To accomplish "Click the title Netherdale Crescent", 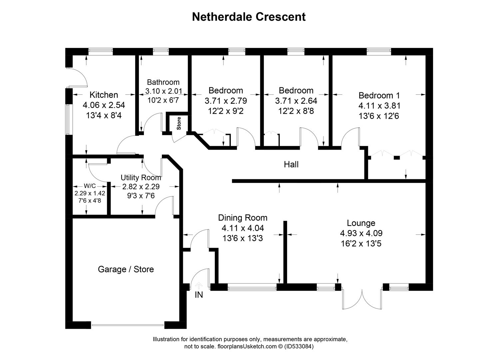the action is click(249, 17).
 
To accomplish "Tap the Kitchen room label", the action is click(104, 95).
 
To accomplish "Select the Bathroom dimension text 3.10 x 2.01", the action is click(163, 91).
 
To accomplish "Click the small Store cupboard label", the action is click(179, 123).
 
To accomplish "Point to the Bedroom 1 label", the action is click(379, 96).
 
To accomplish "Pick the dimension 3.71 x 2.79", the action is click(226, 101).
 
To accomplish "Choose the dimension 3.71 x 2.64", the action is click(296, 101).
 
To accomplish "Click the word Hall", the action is click(291, 164).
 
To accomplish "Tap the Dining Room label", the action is click(243, 218).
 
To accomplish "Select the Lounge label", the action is click(361, 223).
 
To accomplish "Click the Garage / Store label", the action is click(126, 269).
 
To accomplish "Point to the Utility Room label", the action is click(141, 178).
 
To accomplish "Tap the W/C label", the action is click(89, 186).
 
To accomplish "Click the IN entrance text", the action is click(199, 295).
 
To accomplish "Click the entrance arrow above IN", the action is click(199, 285).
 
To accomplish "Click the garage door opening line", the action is click(128, 325).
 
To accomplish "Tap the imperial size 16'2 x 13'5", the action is click(361, 244).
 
